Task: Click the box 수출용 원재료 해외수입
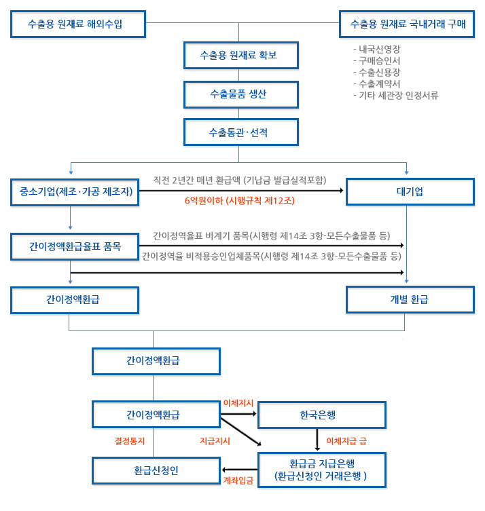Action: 78,24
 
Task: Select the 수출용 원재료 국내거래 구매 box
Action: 407,24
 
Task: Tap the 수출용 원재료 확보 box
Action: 241,55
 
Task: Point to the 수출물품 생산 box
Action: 241,94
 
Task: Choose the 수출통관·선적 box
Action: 241,132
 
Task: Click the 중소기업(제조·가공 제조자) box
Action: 75,192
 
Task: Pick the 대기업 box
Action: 410,191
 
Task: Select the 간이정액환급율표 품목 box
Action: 75,246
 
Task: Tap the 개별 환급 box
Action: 410,300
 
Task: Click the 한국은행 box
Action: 321,415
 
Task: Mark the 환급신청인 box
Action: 156,470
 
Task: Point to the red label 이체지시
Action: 238,403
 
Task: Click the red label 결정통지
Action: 130,441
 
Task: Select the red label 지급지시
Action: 215,441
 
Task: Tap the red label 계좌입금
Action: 238,480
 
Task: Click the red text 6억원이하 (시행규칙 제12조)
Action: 240,200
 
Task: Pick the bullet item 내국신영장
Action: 377,50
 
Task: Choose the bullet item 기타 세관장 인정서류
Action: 396,96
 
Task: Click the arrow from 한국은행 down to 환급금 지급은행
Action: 317,440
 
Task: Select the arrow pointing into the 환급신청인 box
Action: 239,470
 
